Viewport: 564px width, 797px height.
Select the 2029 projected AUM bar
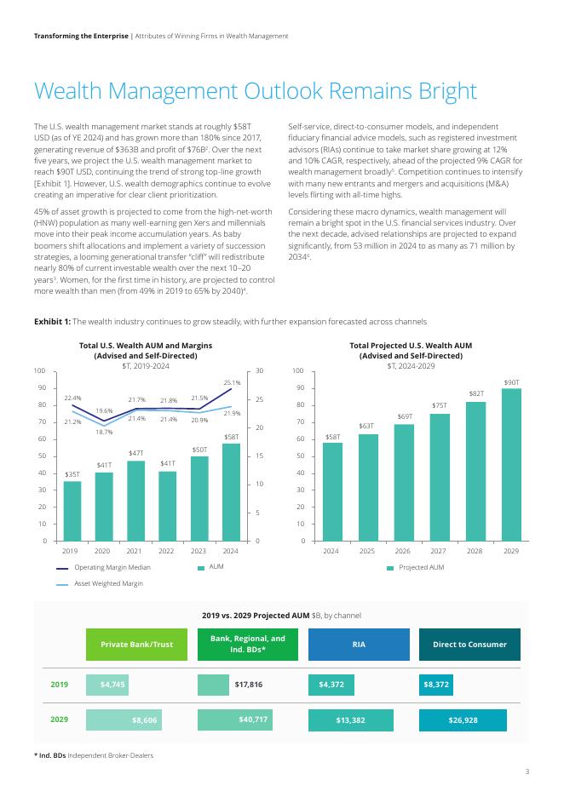pyautogui.click(x=511, y=465)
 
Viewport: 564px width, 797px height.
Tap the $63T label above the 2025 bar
pyautogui.click(x=366, y=425)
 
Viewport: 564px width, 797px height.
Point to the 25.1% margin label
pyautogui.click(x=232, y=382)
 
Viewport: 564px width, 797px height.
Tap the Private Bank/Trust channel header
pyautogui.click(x=137, y=645)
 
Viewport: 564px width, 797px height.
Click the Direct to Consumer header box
pyautogui.click(x=469, y=645)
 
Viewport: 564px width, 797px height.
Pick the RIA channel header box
pyautogui.click(x=359, y=645)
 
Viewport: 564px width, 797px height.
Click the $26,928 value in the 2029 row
pyautogui.click(x=463, y=720)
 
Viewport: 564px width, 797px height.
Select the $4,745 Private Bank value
pyautogui.click(x=112, y=684)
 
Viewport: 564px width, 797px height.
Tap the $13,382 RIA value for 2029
pyautogui.click(x=350, y=720)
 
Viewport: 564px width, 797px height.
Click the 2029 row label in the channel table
pyautogui.click(x=60, y=720)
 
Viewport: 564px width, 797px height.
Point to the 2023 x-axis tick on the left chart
pyautogui.click(x=199, y=552)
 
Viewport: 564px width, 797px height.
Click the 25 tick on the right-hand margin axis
pyautogui.click(x=259, y=399)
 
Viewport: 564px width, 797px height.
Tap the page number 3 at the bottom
pyautogui.click(x=527, y=771)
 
